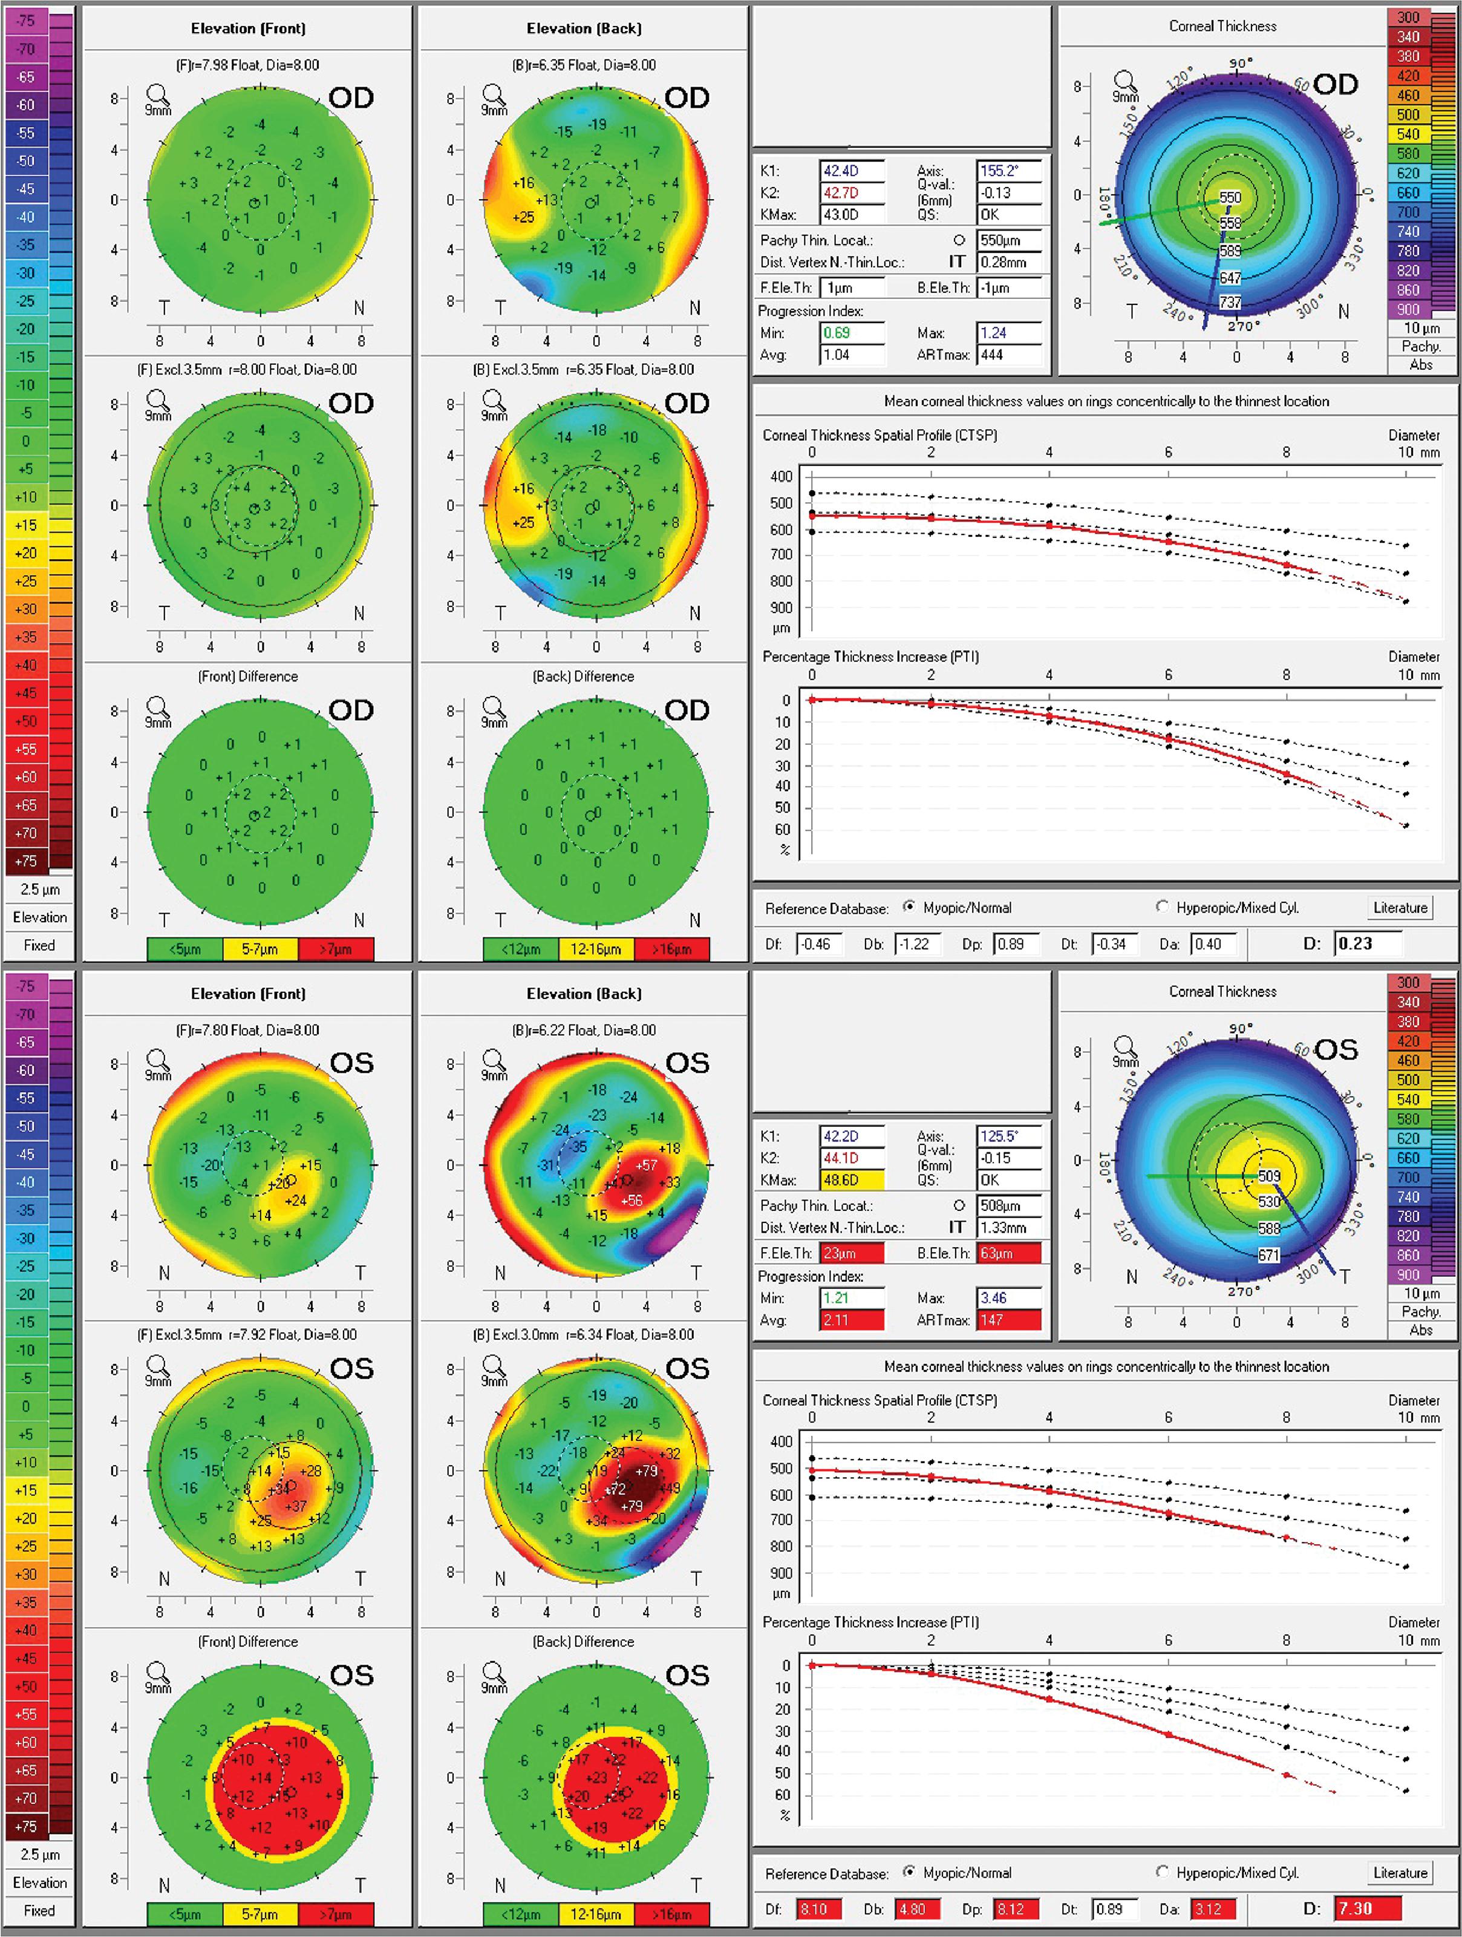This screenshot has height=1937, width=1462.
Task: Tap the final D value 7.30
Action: [x=1368, y=1908]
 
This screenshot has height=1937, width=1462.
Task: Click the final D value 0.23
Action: [x=1368, y=943]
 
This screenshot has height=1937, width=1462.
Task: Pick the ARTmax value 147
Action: [x=1008, y=1320]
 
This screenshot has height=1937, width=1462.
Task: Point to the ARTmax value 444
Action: [x=1008, y=355]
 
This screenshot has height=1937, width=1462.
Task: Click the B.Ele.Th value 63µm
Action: [x=1008, y=1253]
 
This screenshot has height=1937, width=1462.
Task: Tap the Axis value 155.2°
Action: [x=1008, y=171]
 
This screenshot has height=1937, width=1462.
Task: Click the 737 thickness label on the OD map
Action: [x=1230, y=302]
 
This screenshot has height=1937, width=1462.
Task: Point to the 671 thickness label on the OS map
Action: [x=1268, y=1255]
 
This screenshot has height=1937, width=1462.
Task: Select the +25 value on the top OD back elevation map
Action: [x=523, y=216]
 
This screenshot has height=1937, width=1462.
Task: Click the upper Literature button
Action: [x=1400, y=907]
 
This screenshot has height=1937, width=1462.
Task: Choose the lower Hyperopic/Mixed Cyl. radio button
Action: [x=1163, y=1871]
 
